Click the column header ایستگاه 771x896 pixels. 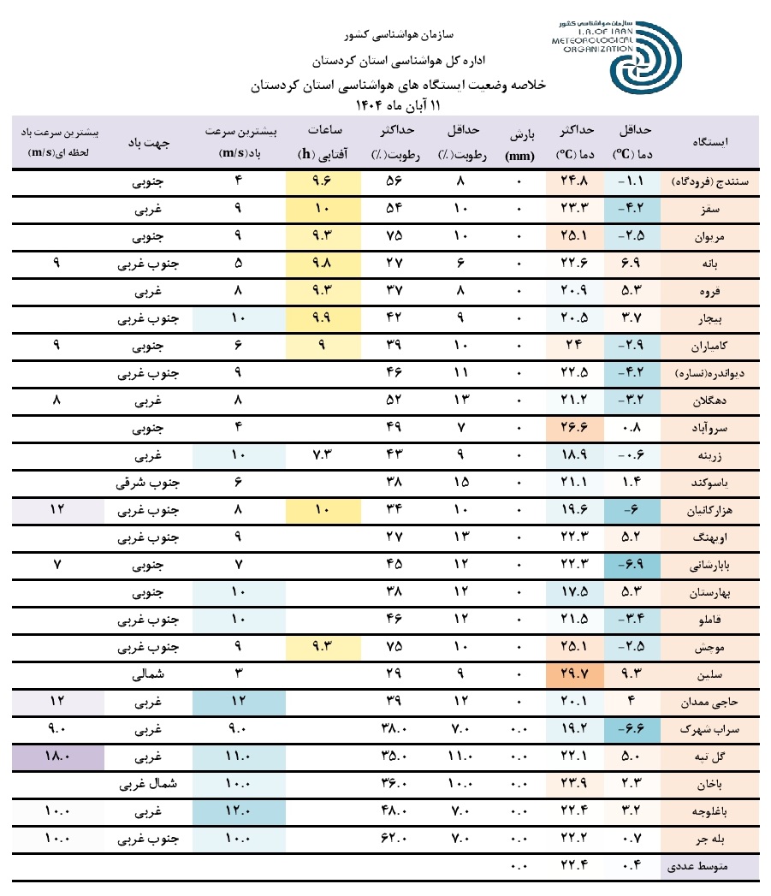pyautogui.click(x=713, y=141)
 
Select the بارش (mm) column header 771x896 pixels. pyautogui.click(x=520, y=141)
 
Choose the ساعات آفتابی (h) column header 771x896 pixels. pyautogui.click(x=323, y=141)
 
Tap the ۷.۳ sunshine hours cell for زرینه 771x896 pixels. pyautogui.click(x=323, y=456)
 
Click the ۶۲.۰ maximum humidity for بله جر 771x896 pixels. pyautogui.click(x=394, y=840)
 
